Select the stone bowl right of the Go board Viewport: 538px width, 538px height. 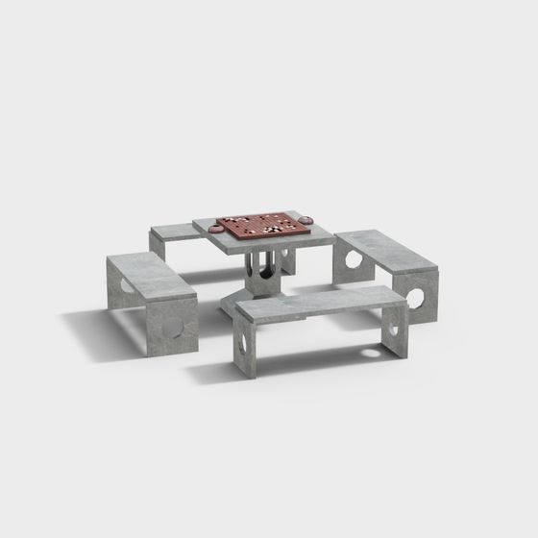coord(306,220)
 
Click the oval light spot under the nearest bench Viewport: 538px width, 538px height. coord(370,352)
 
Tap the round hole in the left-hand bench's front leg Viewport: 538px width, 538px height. coord(175,326)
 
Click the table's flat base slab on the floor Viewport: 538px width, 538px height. coord(259,287)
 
